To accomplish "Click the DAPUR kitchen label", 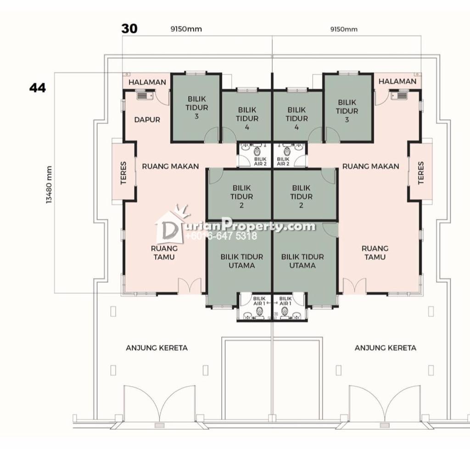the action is click(x=147, y=120).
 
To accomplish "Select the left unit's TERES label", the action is click(x=123, y=173).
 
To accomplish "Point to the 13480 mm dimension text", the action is click(x=49, y=185).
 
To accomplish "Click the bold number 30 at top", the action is click(x=129, y=29).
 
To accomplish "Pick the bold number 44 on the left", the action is click(x=38, y=88).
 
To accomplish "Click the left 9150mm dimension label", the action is click(x=186, y=29).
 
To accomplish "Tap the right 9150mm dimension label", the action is click(x=344, y=29).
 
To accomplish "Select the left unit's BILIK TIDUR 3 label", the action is click(x=196, y=107).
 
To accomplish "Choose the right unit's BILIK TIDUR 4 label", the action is click(x=297, y=118).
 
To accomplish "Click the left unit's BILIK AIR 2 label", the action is click(x=260, y=161).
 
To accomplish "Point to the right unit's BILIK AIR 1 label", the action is click(x=285, y=301).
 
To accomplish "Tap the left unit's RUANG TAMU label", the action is click(x=164, y=253).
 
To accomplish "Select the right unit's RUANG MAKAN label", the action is click(x=370, y=166).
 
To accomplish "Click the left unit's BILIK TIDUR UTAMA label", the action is click(x=241, y=261).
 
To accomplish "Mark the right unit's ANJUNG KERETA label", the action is click(x=385, y=348).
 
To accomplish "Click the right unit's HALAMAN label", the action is click(x=397, y=81).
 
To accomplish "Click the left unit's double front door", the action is click(x=190, y=286).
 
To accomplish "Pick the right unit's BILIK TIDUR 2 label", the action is click(x=301, y=196).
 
